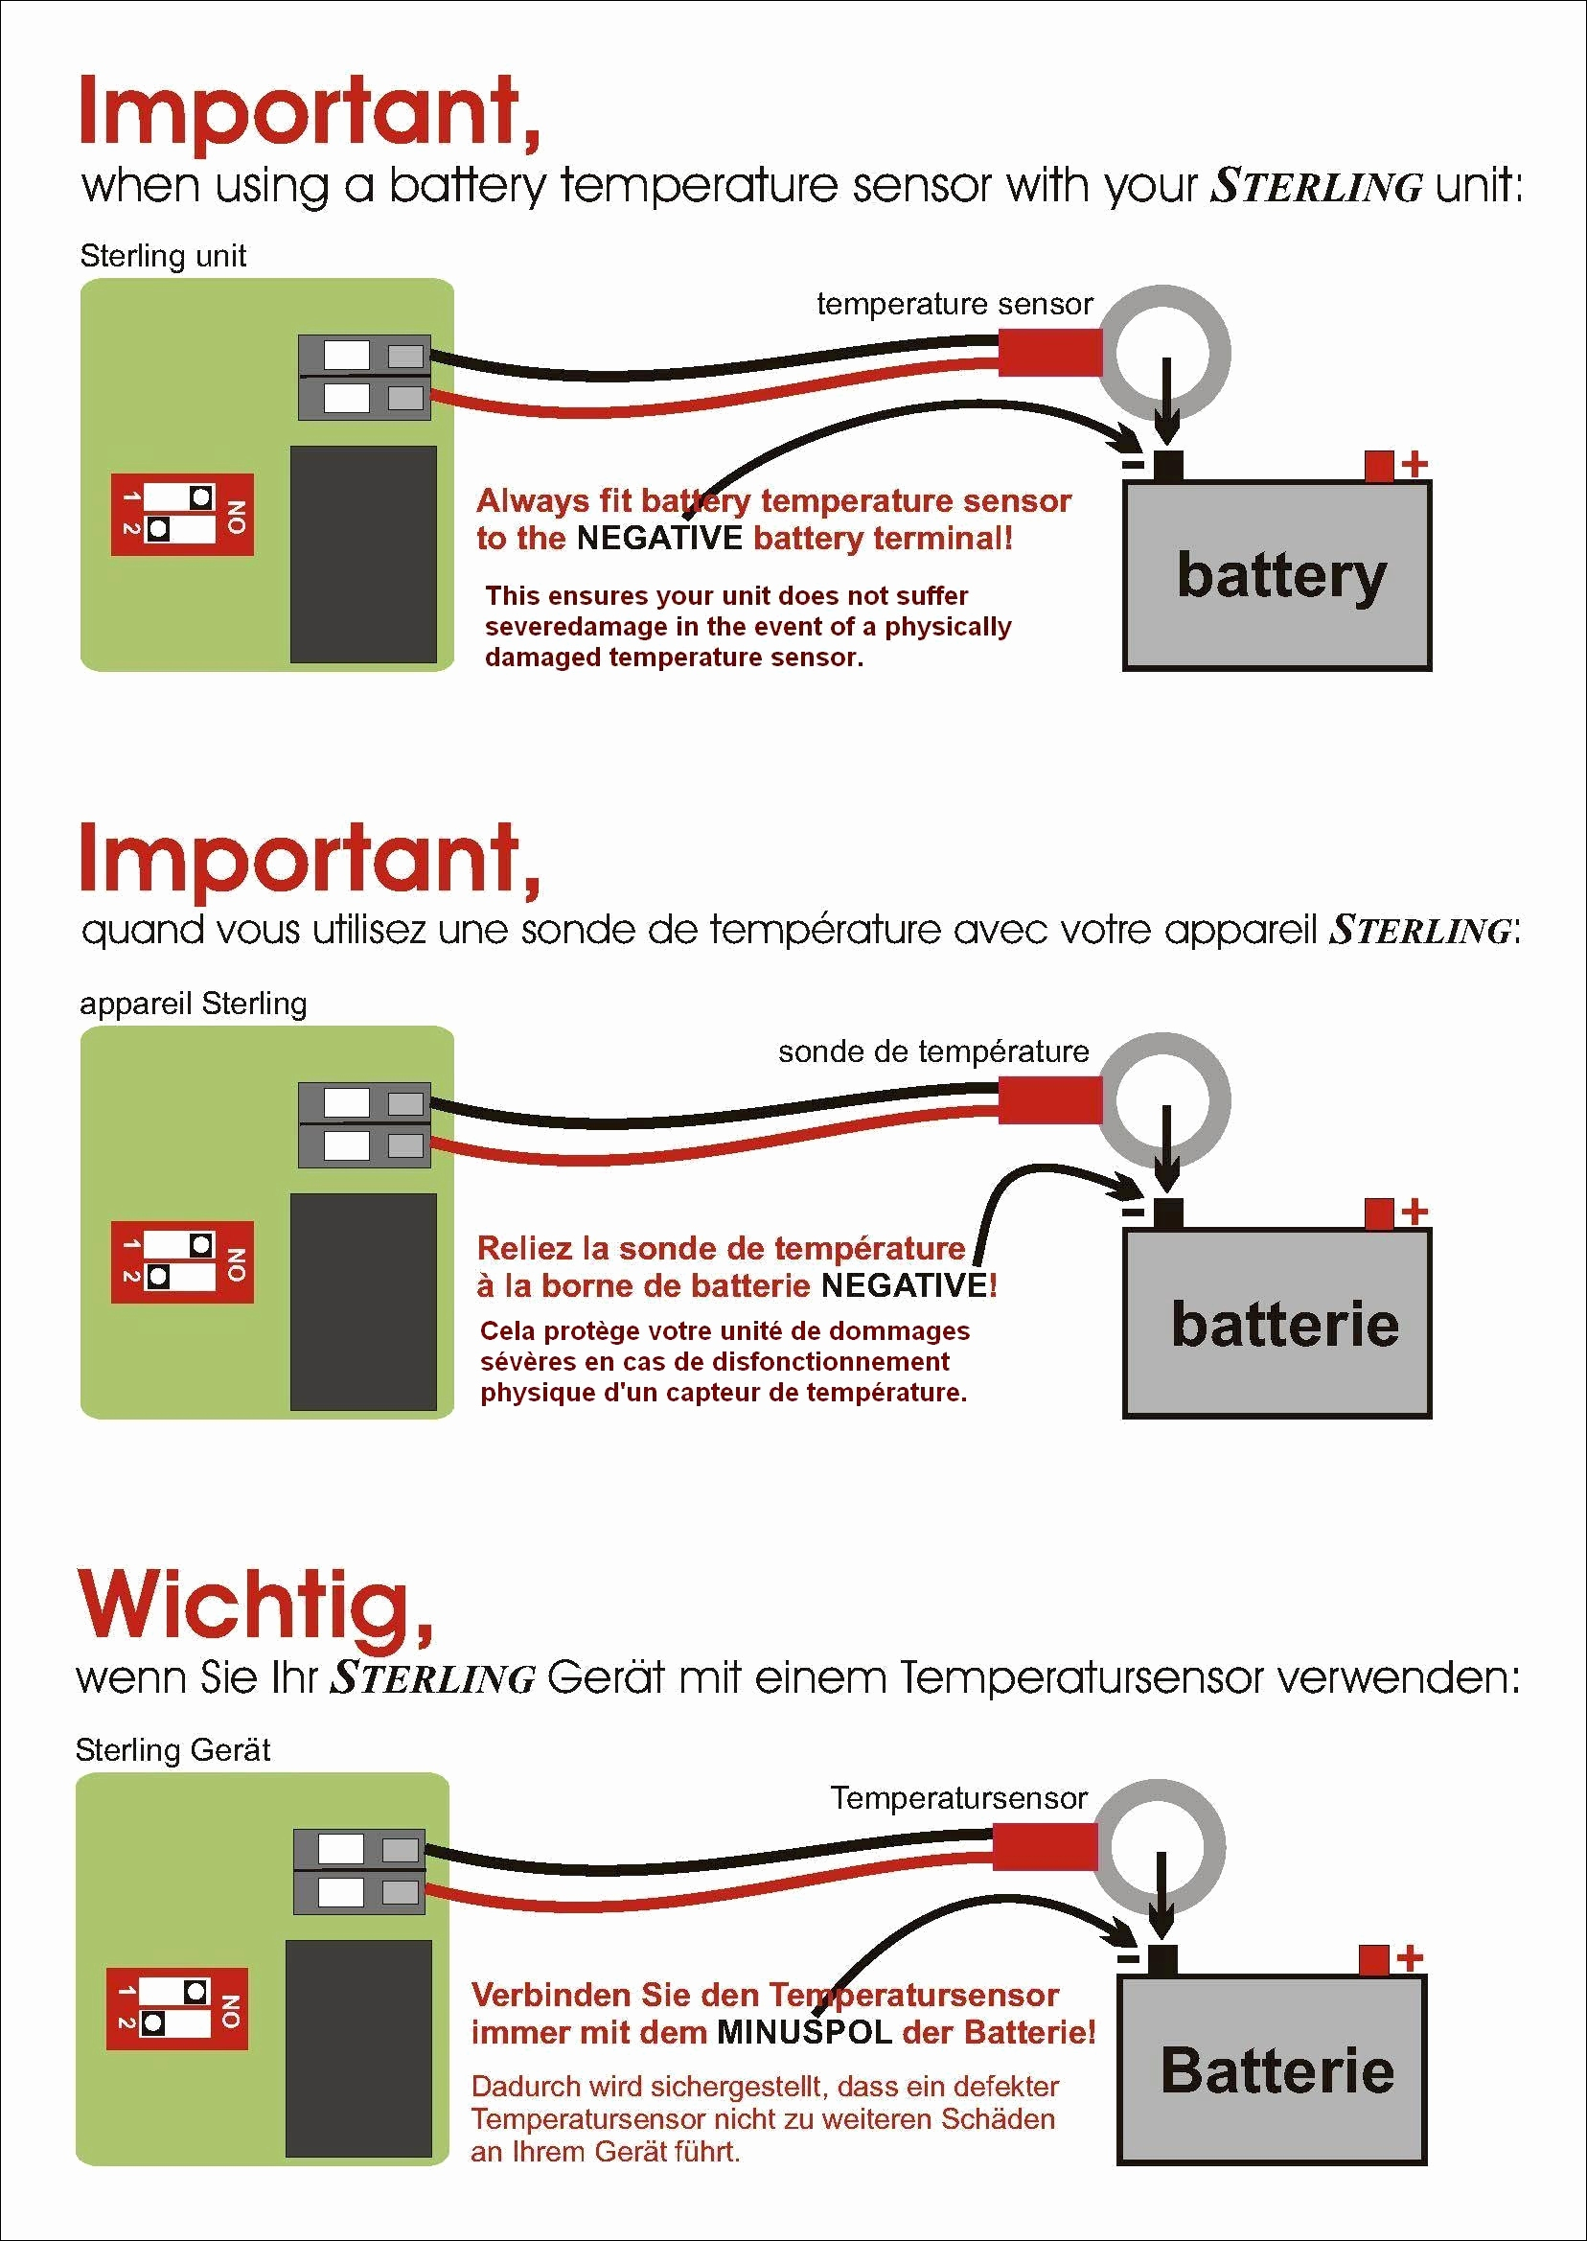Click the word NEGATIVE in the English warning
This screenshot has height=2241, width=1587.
[x=659, y=539]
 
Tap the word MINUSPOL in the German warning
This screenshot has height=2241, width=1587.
[x=804, y=2033]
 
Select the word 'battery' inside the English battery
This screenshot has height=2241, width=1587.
[x=1281, y=577]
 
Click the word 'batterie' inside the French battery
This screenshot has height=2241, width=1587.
[x=1284, y=1324]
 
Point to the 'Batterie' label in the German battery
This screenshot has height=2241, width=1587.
[x=1277, y=2070]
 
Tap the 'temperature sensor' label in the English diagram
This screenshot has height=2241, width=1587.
[x=954, y=305]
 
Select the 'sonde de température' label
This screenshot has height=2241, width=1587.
[x=933, y=1051]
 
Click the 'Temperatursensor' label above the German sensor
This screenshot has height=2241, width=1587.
[x=958, y=1798]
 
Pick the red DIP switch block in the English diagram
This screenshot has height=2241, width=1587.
[x=183, y=515]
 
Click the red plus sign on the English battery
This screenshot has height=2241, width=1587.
[x=1414, y=464]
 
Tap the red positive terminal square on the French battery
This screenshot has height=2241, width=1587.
[x=1379, y=1213]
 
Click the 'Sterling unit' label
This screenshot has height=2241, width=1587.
[x=162, y=256]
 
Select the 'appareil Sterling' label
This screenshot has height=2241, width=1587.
[x=193, y=1004]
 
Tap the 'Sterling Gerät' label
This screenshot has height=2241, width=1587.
[x=172, y=1749]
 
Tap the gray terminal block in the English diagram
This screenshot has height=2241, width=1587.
[x=363, y=378]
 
